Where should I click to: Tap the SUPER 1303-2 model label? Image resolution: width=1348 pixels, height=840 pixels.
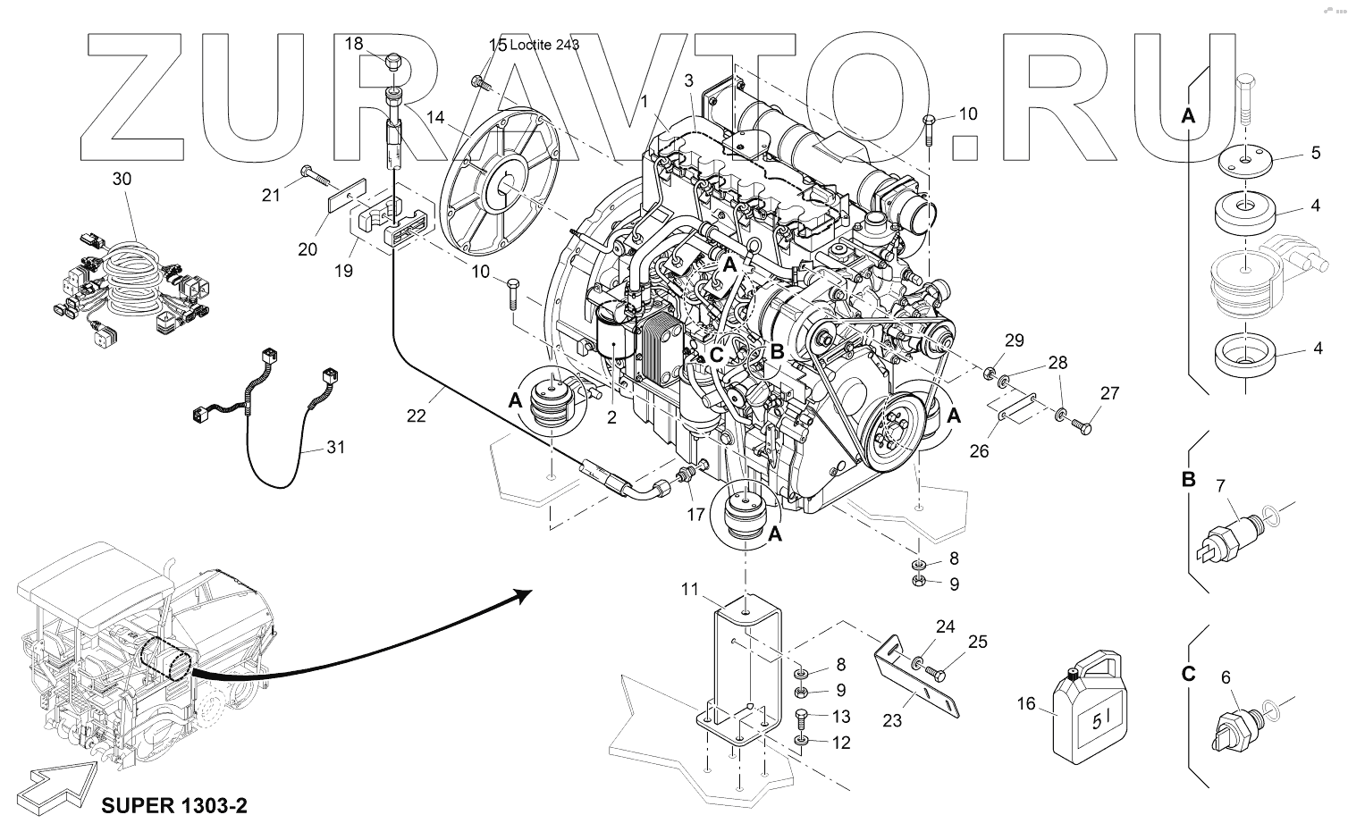[x=173, y=806]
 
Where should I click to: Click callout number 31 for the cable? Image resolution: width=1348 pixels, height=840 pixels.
[x=334, y=448]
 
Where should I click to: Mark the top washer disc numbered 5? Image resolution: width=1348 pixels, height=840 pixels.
[x=1244, y=163]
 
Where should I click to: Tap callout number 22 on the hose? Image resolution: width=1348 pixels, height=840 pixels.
[x=417, y=415]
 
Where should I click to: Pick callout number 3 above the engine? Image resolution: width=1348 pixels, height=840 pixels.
[x=688, y=80]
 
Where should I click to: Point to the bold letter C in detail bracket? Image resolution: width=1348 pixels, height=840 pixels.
[x=1188, y=673]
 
